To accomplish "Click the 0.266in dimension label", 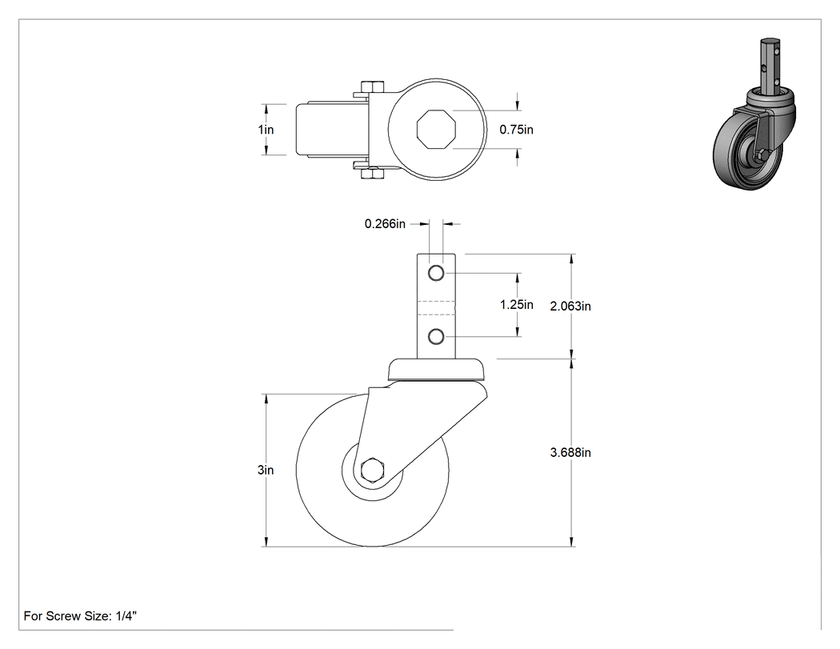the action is (x=385, y=223).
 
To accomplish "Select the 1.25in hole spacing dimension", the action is (x=517, y=304).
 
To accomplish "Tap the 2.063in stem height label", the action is (x=570, y=306).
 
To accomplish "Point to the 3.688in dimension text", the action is (x=570, y=452).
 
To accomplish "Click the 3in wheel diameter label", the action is (x=266, y=470).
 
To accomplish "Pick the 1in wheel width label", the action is (x=266, y=130).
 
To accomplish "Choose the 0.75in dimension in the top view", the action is (x=517, y=130).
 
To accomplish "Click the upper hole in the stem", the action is (x=436, y=274).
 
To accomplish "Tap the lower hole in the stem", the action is (x=436, y=337).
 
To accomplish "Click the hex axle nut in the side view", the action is (x=371, y=471).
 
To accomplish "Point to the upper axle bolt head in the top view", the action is (x=372, y=86).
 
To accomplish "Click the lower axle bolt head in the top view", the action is (x=372, y=173).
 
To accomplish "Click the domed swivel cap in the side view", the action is (x=437, y=370).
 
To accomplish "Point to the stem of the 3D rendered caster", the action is (x=770, y=67).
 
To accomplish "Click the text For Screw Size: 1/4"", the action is (x=80, y=616).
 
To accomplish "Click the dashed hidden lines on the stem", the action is (x=436, y=306).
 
